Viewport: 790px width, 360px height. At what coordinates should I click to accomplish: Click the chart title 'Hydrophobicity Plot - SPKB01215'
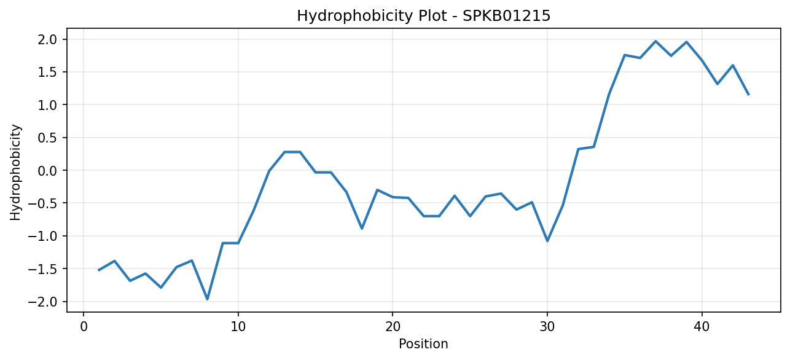424,16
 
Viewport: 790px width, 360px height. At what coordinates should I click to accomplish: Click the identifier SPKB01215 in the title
506,16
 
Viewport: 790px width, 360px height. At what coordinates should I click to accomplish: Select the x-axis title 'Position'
423,344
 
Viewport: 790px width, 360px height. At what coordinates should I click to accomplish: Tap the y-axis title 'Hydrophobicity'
15,172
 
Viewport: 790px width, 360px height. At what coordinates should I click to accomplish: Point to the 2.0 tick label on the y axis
48,39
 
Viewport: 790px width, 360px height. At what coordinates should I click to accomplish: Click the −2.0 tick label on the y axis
42,302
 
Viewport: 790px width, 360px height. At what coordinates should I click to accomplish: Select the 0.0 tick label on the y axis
48,171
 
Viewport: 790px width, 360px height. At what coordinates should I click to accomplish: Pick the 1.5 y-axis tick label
48,72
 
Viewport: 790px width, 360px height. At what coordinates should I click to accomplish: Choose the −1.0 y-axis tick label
42,237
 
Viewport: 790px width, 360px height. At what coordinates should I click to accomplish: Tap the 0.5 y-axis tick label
48,138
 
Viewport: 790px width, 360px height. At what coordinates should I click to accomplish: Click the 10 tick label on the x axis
238,327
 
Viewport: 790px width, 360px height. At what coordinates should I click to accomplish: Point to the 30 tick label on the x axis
547,327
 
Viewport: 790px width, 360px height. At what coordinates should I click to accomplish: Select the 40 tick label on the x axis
702,327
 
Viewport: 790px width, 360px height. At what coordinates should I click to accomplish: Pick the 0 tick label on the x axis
84,327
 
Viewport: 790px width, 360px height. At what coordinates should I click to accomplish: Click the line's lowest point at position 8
208,299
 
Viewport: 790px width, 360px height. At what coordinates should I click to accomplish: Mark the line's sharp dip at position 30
547,241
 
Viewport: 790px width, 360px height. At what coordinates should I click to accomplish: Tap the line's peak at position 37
655,41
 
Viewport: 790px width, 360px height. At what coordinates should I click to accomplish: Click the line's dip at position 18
362,229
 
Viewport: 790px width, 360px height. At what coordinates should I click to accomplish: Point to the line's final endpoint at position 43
748,95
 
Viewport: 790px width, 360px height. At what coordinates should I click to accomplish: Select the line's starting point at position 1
99,270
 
